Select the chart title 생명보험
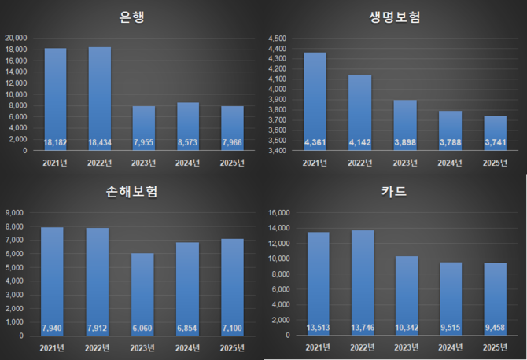pyautogui.click(x=394, y=17)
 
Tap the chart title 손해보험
pyautogui.click(x=132, y=193)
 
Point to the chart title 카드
pyautogui.click(x=394, y=193)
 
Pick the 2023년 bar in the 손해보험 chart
pyautogui.click(x=143, y=291)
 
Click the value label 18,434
pyautogui.click(x=99, y=143)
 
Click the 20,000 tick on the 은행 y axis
pyautogui.click(x=16, y=38)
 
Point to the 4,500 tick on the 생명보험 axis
pyautogui.click(x=278, y=38)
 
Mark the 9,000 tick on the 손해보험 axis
pyautogui.click(x=17, y=213)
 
